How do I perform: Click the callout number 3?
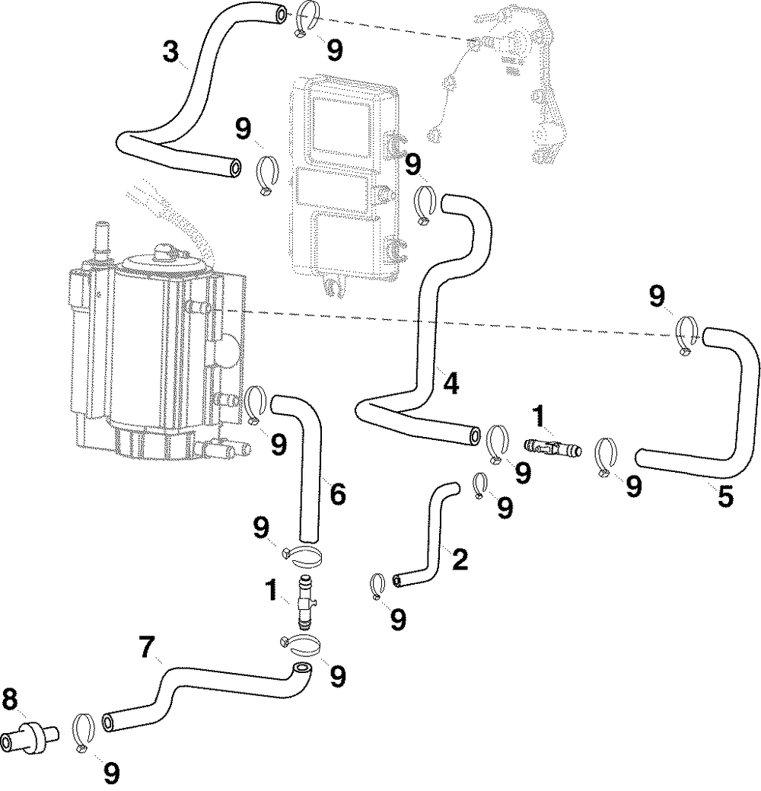(x=171, y=52)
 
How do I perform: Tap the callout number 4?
(x=451, y=383)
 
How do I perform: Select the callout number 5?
(x=724, y=497)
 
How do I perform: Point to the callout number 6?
(x=337, y=493)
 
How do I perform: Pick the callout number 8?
(x=10, y=700)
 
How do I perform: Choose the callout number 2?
(x=460, y=560)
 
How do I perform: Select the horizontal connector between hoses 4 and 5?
(x=552, y=446)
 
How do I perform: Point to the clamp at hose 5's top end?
(x=686, y=336)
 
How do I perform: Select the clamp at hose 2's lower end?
(x=377, y=587)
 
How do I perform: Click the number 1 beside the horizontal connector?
(x=539, y=416)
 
